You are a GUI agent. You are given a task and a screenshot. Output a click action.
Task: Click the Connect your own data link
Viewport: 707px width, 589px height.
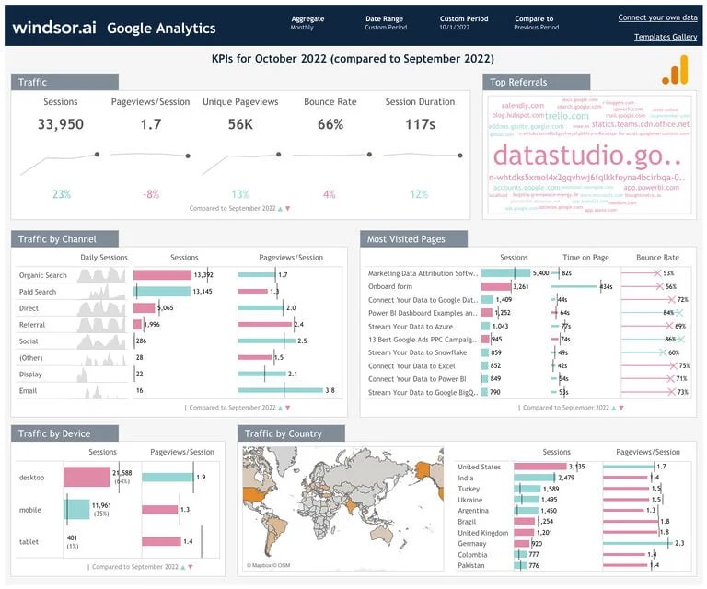657,17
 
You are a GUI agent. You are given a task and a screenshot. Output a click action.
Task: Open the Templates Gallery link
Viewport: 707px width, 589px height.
666,37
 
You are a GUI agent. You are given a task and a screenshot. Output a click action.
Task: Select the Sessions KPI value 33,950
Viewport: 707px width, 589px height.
61,124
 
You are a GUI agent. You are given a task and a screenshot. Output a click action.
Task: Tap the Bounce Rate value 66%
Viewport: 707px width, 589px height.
330,124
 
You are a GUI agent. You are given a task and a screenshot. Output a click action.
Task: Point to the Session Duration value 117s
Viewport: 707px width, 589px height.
420,124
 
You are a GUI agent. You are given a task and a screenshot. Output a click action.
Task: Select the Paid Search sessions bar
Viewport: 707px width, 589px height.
161,292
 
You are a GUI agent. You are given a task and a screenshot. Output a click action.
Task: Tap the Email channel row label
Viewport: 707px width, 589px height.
29,391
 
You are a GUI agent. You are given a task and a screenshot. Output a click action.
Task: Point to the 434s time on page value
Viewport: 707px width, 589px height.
606,287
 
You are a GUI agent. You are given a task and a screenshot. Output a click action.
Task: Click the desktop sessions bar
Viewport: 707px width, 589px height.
87,477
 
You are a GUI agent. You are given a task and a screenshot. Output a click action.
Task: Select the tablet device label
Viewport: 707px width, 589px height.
30,541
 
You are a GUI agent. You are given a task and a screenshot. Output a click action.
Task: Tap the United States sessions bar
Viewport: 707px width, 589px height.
540,467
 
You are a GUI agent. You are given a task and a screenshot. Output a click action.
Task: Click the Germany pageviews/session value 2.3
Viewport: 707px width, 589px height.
679,544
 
